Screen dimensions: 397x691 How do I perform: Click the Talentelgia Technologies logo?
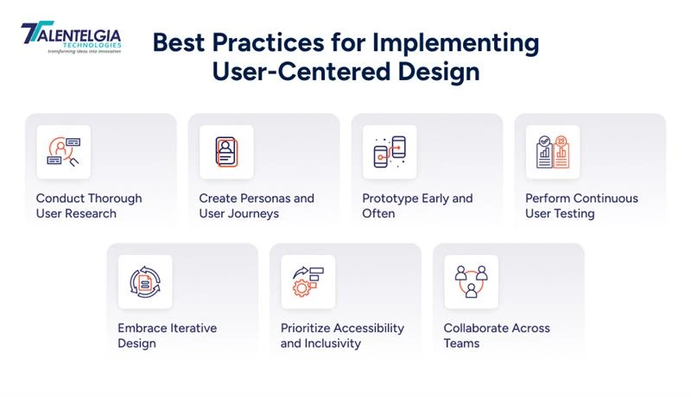tap(71, 37)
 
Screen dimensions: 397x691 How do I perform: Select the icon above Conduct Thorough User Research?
tap(63, 152)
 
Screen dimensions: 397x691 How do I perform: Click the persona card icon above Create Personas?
tap(226, 152)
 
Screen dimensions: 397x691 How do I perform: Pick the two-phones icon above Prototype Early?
tap(390, 152)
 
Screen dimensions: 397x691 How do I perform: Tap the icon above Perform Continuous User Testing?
tap(553, 152)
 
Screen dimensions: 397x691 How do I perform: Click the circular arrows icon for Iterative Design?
tap(145, 281)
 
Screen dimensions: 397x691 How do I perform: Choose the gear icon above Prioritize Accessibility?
tap(308, 281)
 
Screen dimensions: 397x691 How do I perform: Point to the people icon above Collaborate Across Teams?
tap(472, 281)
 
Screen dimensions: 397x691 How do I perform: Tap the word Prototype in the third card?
tap(389, 198)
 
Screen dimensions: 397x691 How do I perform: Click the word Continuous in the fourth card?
tap(606, 198)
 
